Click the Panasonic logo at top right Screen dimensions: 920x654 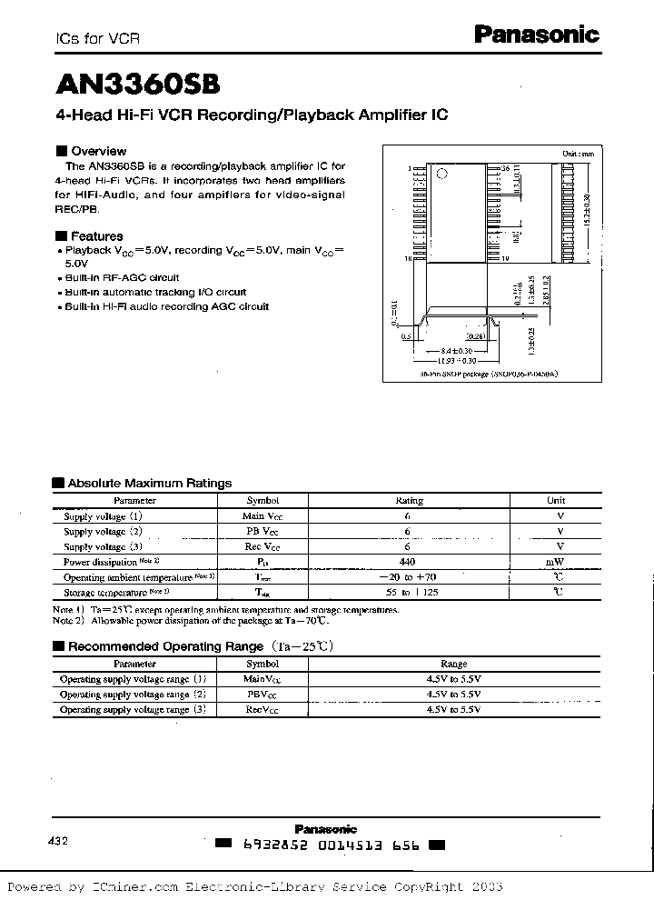(x=538, y=35)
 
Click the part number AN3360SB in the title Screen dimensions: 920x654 (x=137, y=84)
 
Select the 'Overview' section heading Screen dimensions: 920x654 (x=97, y=151)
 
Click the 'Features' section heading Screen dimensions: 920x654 (x=95, y=235)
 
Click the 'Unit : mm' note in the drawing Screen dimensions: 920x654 (x=578, y=154)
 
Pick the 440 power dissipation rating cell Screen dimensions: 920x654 (x=408, y=562)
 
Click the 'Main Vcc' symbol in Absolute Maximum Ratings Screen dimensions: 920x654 (x=263, y=515)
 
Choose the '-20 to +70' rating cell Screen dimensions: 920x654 (x=408, y=577)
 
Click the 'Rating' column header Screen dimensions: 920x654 (x=409, y=500)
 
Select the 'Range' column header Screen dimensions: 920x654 (x=453, y=664)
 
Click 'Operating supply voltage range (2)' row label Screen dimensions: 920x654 (x=133, y=694)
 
